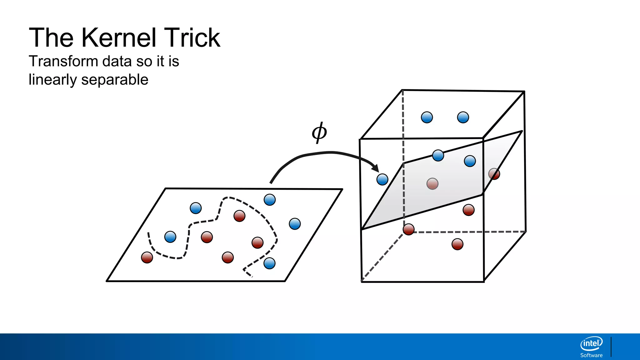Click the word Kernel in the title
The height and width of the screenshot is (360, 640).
pos(118,38)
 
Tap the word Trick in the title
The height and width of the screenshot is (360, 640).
pos(192,38)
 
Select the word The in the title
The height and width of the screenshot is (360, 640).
pos(51,38)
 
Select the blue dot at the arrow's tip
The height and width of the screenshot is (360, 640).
pos(382,179)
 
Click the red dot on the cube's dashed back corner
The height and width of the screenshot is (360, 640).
pos(408,229)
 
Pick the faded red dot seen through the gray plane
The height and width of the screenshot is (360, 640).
pos(432,184)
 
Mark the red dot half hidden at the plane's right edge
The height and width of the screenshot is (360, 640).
pos(494,174)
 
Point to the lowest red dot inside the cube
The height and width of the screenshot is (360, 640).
pos(457,244)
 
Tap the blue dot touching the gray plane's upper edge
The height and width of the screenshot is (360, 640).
pos(438,155)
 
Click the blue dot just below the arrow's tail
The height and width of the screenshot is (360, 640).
pos(269,200)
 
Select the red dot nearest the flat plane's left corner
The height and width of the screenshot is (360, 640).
pos(147,257)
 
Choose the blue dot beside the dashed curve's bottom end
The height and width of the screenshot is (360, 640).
pos(269,263)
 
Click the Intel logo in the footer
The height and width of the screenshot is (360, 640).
pos(591,344)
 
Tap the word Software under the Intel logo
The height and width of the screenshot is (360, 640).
pos(591,355)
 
